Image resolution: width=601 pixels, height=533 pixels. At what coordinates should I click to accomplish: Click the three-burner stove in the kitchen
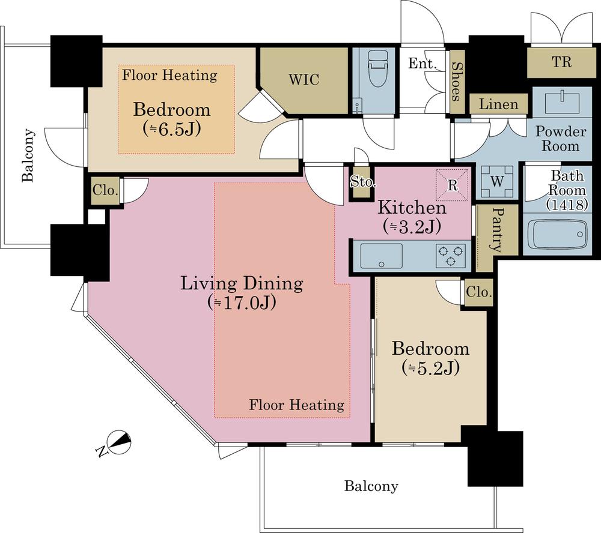coord(450,256)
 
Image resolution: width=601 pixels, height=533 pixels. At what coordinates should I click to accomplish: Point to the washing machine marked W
coord(497,181)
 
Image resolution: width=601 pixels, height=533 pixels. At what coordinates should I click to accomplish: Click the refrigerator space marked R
coord(453,184)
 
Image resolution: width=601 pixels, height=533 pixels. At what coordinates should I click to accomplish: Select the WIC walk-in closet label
coord(304,80)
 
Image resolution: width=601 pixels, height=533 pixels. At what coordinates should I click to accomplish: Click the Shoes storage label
coord(456,81)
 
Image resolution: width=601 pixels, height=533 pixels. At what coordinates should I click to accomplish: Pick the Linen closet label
coord(498,104)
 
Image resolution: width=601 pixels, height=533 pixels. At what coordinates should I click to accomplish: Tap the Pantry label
coord(498,230)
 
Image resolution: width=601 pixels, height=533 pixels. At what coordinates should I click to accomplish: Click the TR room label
coord(561,62)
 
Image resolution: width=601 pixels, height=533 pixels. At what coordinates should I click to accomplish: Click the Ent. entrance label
coord(423,63)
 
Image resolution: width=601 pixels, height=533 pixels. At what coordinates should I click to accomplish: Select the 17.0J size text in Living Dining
coord(242,303)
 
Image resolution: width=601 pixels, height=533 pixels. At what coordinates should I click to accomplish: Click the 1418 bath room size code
coord(567,205)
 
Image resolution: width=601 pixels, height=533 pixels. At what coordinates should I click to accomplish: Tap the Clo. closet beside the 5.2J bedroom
coord(479,292)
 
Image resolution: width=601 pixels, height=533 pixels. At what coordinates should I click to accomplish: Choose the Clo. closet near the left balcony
coord(105,190)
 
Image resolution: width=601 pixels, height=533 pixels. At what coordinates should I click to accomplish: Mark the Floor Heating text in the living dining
coord(297,405)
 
